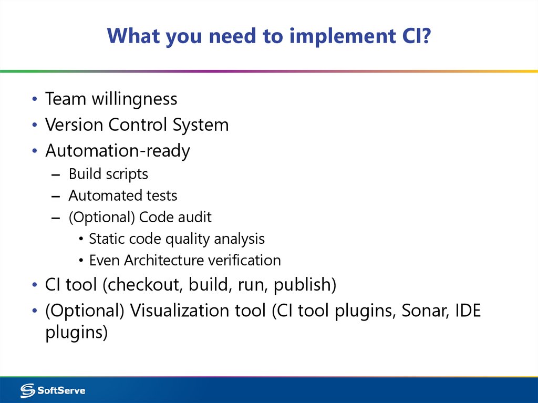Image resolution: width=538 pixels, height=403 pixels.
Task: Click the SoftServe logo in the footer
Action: (x=53, y=390)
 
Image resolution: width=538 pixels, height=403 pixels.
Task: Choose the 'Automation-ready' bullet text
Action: (x=118, y=151)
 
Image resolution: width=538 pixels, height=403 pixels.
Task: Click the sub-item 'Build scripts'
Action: (x=108, y=174)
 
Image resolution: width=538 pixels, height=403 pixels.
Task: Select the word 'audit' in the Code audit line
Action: (x=194, y=217)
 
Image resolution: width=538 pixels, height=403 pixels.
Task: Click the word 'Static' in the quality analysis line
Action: (x=104, y=239)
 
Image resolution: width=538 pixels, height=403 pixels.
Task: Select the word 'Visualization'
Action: (x=198, y=311)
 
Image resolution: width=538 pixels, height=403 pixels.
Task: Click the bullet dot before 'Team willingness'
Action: (x=34, y=99)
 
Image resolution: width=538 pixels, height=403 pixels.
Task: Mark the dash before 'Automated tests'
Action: (x=57, y=196)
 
